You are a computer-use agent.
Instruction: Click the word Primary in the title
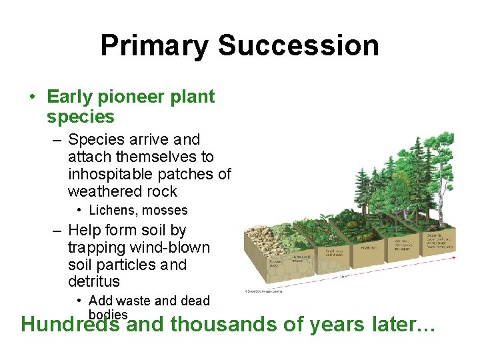155,45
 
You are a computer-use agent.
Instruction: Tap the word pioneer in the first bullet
130,97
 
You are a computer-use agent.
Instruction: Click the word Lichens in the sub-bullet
110,210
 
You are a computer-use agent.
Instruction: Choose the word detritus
94,282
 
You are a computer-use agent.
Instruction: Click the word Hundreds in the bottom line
71,325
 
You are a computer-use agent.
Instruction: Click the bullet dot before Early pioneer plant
33,97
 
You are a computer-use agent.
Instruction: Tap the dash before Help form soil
57,231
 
